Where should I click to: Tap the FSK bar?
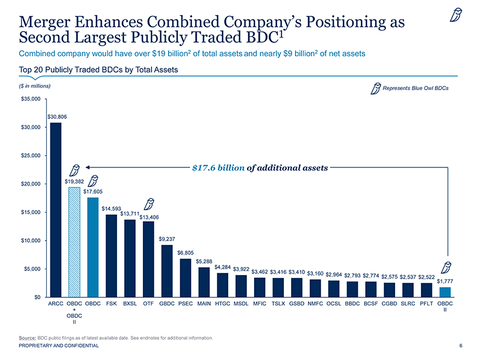pos(111,255)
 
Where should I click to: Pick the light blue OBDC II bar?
pos(445,292)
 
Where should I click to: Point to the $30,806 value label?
pos(57,117)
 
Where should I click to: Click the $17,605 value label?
pos(92,191)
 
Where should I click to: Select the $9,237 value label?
pos(167,239)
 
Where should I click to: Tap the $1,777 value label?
pos(446,281)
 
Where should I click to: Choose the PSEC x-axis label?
pos(186,304)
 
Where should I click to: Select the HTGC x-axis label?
pos(222,304)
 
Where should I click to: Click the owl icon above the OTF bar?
pos(149,204)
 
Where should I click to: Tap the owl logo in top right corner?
pos(455,16)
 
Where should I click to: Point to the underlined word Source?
pos(28,338)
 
